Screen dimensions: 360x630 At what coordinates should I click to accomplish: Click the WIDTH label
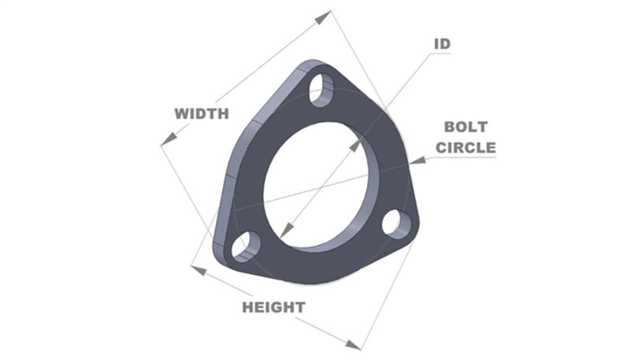coord(202,113)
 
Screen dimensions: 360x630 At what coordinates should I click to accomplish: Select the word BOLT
coord(465,126)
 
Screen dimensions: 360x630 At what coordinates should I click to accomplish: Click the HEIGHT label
coord(273,307)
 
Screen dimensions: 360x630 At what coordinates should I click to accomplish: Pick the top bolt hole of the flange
coord(322,90)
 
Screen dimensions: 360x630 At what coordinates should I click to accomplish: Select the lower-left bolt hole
coord(243,247)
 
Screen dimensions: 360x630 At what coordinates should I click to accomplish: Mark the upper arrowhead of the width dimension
coord(324,14)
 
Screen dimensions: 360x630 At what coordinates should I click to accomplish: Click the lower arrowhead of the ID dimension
coord(286,229)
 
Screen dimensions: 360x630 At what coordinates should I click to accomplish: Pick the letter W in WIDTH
coord(181,113)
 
